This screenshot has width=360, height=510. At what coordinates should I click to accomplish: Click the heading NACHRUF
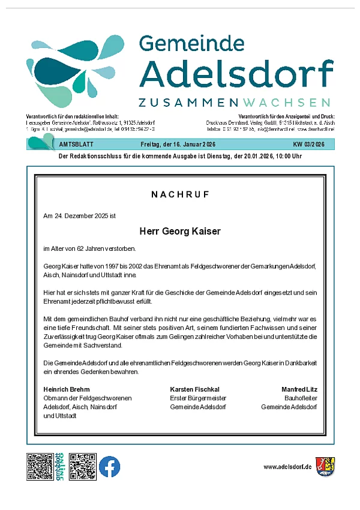[180, 195]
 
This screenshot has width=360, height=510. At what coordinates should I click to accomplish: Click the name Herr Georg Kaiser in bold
[180, 231]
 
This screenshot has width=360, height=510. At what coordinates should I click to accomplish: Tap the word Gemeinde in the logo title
[191, 44]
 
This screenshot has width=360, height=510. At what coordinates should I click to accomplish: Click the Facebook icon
[109, 467]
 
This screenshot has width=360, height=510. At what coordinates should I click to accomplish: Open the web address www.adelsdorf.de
[288, 467]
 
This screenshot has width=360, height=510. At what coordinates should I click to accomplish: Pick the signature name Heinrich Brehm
[66, 389]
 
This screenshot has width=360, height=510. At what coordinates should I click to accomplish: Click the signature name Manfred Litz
[299, 389]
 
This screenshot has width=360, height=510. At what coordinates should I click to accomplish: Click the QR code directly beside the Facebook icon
[83, 467]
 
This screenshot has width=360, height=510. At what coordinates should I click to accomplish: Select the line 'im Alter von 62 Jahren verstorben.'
[89, 249]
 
